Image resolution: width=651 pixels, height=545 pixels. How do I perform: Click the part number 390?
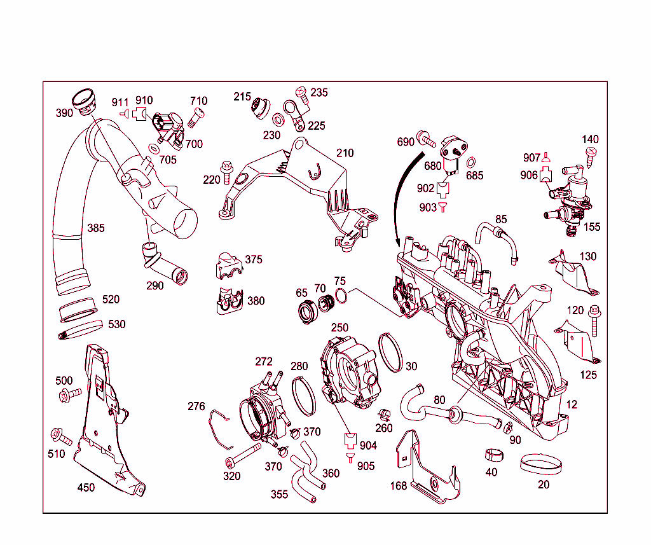(64, 113)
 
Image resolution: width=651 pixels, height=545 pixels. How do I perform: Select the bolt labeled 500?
(69, 396)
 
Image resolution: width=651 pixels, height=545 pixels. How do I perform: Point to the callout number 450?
(86, 488)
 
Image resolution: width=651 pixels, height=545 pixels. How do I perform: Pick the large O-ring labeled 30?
(390, 352)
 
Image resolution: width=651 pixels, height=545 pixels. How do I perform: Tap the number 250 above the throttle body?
(339, 328)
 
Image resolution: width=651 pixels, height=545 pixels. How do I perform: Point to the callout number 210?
(345, 153)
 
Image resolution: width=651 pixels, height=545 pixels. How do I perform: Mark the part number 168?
(399, 486)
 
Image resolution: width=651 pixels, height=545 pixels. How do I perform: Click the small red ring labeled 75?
(341, 296)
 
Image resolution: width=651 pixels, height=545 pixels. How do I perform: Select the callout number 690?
(406, 142)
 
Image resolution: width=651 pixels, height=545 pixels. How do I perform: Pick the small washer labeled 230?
(278, 120)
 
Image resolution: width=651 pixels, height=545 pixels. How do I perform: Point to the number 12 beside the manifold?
(572, 404)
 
